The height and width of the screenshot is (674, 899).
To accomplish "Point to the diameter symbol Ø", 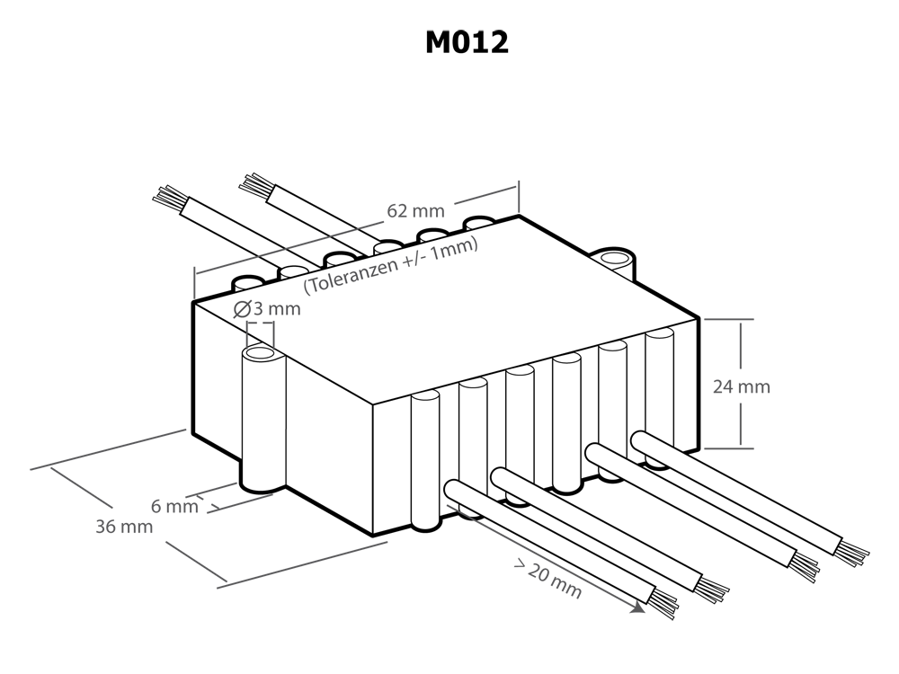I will click(242, 311).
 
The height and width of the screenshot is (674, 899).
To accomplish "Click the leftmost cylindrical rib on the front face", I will click(423, 458).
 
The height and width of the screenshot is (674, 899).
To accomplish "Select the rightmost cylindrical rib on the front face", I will click(659, 377).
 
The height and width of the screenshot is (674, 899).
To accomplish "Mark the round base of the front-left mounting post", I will click(261, 486).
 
